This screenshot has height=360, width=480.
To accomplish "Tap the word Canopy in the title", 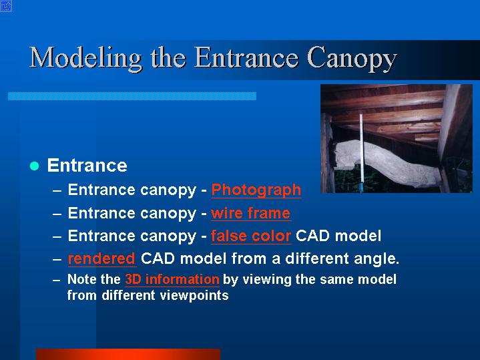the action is [x=352, y=59].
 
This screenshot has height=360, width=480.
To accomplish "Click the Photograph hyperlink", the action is [x=256, y=190].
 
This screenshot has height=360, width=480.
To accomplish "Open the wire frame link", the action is [x=251, y=213].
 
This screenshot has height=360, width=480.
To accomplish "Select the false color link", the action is [x=251, y=236].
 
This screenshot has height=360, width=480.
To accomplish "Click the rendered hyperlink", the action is [x=101, y=258].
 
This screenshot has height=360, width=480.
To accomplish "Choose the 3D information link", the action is [x=172, y=279].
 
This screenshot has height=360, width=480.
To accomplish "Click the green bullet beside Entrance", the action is [x=35, y=166].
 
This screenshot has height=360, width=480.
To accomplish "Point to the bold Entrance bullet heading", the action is [x=87, y=166].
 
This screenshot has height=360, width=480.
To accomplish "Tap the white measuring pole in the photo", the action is [x=361, y=152].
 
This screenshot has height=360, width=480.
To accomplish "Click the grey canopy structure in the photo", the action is [x=387, y=162].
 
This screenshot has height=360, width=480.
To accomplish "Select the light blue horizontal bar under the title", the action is [x=132, y=96].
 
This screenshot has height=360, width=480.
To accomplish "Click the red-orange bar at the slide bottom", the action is [x=128, y=354].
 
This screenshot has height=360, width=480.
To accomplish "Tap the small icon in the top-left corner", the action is [x=6, y=6].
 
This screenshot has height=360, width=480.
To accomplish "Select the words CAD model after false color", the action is [x=338, y=236].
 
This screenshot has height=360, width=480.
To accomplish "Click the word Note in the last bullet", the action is [x=79, y=279].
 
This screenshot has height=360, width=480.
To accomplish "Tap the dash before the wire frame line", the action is [x=57, y=214].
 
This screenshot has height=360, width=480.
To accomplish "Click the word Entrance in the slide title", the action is [x=246, y=57].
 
